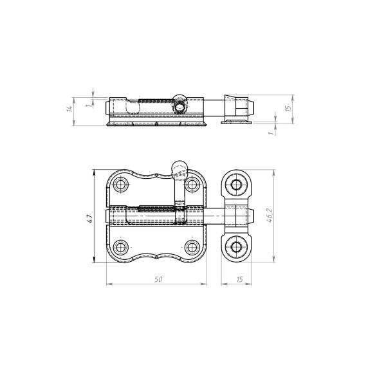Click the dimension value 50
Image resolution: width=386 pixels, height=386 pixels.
[158, 279]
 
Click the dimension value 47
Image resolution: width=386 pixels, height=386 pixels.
[90, 219]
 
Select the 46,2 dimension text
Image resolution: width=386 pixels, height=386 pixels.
[270, 216]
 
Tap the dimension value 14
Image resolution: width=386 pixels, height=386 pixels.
[70, 109]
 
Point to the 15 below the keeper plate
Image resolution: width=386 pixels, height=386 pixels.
[239, 279]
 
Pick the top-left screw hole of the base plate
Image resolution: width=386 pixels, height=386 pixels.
[121, 184]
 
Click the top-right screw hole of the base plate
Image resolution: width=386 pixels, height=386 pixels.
[192, 184]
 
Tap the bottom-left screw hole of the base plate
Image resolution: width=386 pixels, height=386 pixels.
[121, 247]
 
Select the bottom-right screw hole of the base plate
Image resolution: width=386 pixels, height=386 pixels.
[192, 247]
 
